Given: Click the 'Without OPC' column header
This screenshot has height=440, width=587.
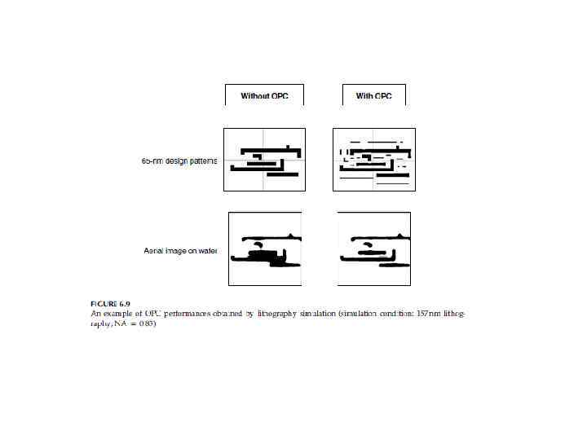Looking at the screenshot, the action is coord(263,96).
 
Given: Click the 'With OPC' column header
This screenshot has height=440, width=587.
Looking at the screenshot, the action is coord(373,96).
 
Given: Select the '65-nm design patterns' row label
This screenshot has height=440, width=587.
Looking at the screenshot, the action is coord(179,161).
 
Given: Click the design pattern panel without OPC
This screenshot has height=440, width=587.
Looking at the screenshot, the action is coord(264,160).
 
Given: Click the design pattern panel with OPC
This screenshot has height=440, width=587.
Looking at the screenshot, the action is coord(373,160).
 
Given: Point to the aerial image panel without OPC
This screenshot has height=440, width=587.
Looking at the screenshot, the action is coord(264,249).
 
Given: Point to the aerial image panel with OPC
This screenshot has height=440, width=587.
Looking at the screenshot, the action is coord(373,249).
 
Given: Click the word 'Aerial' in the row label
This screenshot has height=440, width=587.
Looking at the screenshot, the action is coord(155,250).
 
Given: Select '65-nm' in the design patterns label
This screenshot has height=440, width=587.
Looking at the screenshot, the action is coord(153,161).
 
